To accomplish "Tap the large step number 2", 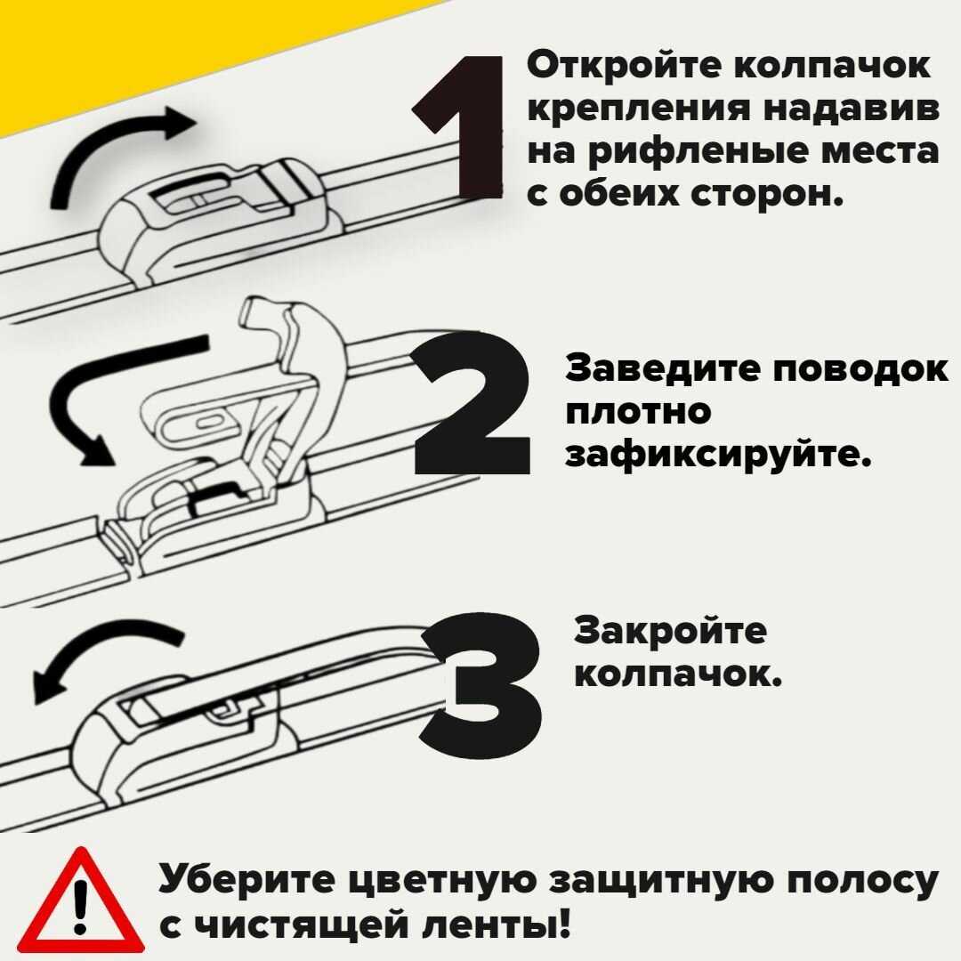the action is [472, 403].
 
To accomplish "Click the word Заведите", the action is [660, 369].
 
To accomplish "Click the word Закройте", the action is [670, 631].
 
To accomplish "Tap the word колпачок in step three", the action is [677, 674].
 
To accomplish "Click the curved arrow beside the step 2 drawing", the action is [85, 392].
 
